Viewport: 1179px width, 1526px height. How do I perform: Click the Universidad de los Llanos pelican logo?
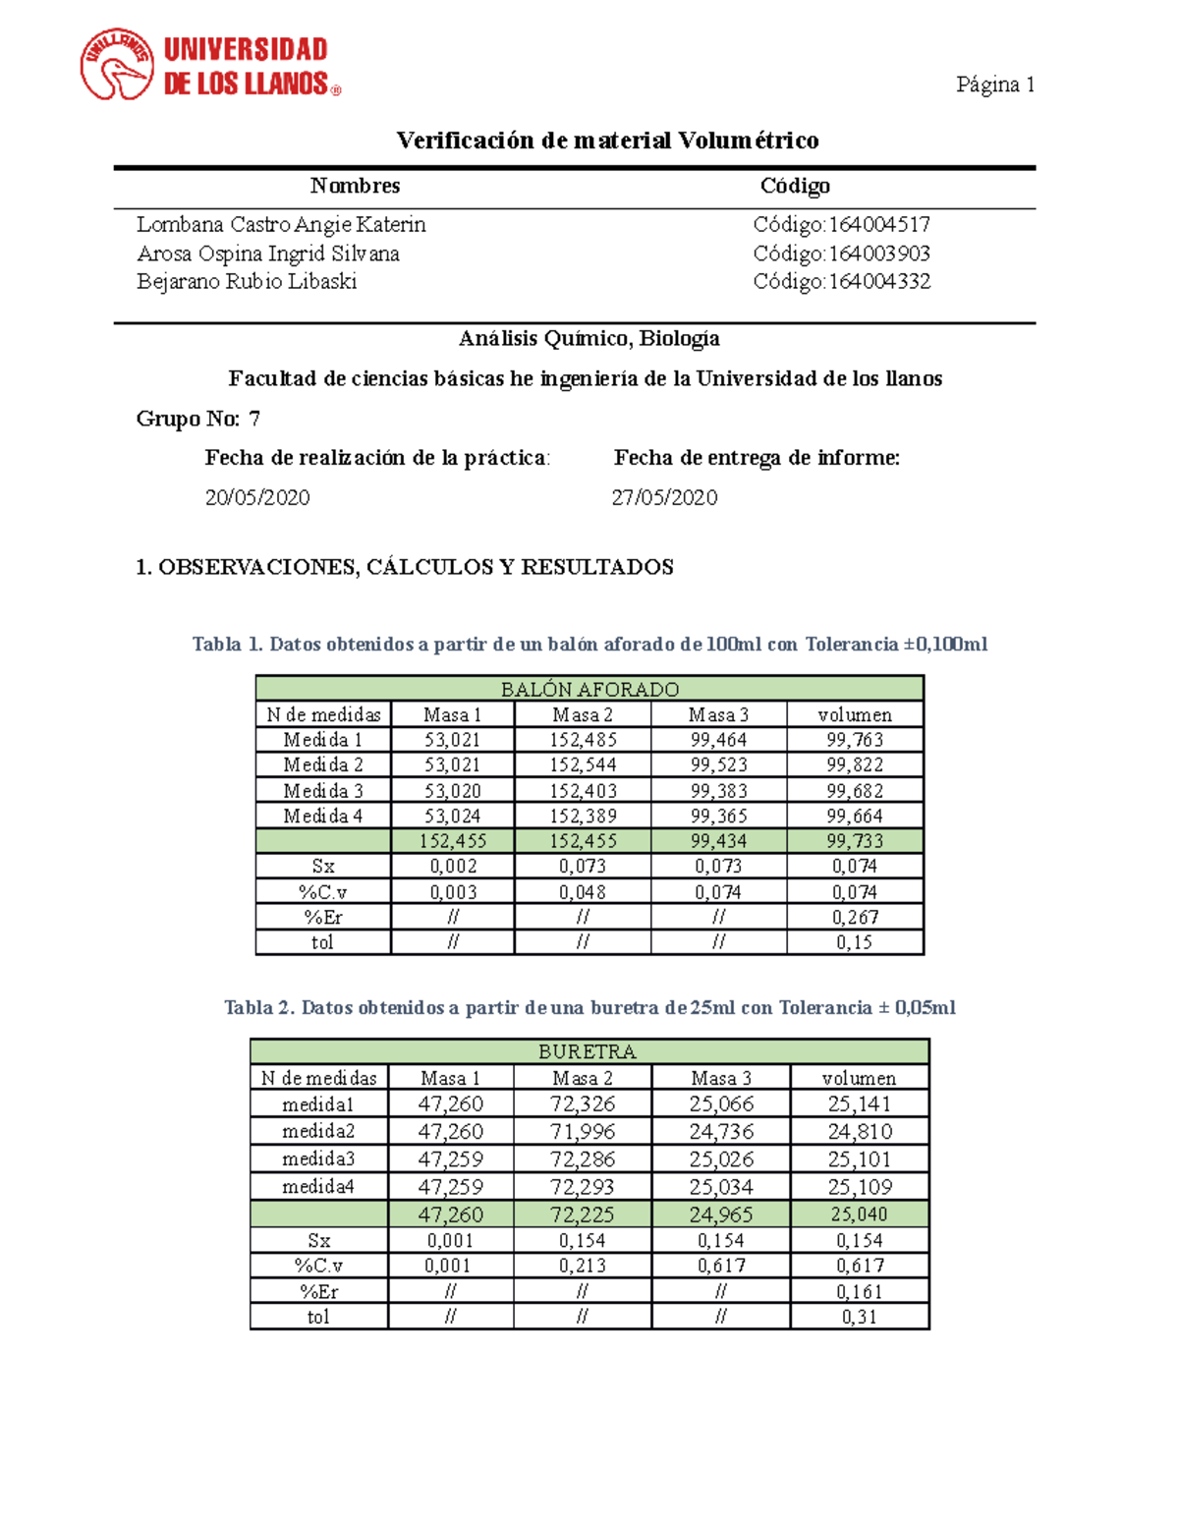click(117, 65)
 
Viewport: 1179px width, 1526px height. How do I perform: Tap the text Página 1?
click(995, 85)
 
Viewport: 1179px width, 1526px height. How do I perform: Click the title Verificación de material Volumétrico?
click(607, 141)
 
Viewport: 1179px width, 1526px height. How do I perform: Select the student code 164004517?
click(878, 225)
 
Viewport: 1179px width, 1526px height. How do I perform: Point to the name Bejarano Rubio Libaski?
click(247, 282)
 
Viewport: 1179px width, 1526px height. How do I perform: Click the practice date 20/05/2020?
click(257, 498)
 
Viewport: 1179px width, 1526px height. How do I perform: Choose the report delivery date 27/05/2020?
click(664, 498)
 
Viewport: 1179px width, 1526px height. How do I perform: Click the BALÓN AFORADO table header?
click(589, 689)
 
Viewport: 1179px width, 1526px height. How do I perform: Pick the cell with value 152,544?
click(583, 764)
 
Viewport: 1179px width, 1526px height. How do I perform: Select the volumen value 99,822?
click(854, 764)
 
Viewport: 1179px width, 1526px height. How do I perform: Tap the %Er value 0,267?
click(854, 917)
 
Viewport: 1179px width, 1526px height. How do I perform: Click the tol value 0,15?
click(854, 942)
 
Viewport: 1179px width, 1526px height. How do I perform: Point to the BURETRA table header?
click(588, 1051)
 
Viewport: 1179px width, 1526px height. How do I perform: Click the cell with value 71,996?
click(582, 1131)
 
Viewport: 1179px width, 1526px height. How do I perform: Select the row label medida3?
click(318, 1159)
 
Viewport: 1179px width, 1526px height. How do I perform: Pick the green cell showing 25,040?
click(859, 1215)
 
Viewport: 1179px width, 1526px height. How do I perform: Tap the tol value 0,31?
click(859, 1317)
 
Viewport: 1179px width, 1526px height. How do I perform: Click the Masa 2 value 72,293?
click(582, 1186)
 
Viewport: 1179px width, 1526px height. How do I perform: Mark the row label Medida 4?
click(322, 816)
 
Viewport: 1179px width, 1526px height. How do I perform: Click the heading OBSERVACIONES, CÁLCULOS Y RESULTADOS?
click(405, 567)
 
